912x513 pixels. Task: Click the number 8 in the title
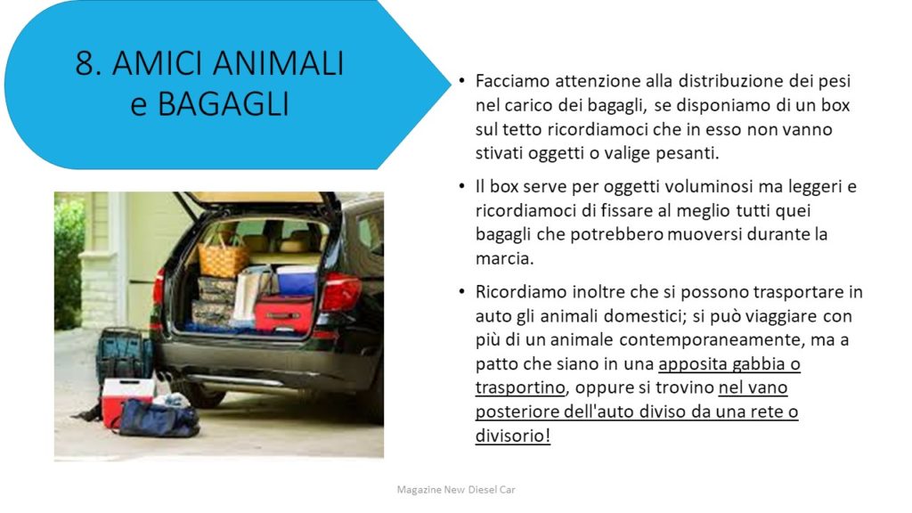[85, 63]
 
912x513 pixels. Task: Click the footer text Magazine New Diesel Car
[456, 490]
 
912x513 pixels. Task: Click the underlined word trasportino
[520, 388]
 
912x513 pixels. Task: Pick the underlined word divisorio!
[513, 436]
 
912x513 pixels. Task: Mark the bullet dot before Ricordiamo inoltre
[462, 292]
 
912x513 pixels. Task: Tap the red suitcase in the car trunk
[285, 314]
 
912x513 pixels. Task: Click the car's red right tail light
[341, 291]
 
